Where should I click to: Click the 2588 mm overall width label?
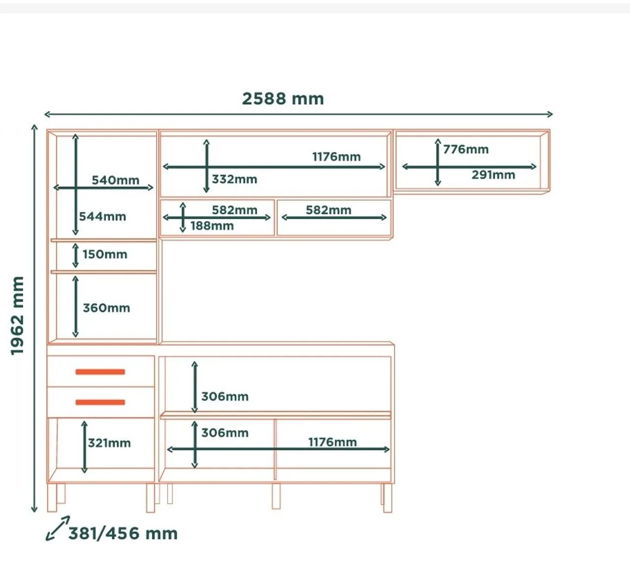283,99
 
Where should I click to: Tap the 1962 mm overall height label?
17,316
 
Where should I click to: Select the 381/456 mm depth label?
123,534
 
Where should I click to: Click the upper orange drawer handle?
100,372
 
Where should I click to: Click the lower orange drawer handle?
100,403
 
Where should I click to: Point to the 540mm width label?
115,180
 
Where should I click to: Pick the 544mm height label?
102,217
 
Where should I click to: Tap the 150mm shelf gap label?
105,255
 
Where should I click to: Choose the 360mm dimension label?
106,308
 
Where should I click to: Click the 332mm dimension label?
234,179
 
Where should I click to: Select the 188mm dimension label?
212,226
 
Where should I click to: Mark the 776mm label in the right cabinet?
466,150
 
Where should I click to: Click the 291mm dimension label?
493,175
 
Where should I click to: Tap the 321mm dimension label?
109,443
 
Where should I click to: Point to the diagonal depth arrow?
58,528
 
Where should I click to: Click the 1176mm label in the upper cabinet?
336,157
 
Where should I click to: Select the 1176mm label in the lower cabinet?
333,443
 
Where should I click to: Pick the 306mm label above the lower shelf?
225,397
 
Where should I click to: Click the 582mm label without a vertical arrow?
328,210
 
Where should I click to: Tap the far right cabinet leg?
388,498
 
